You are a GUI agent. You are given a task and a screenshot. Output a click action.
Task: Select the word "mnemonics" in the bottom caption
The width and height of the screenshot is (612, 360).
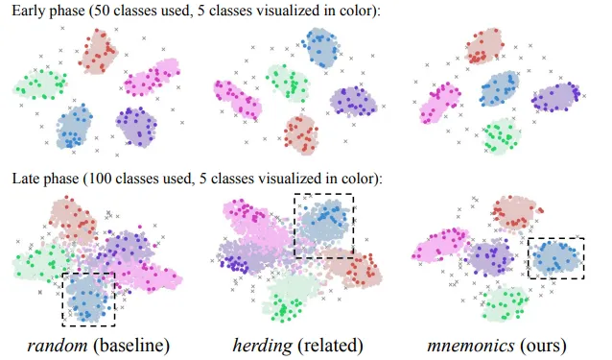click(x=468, y=343)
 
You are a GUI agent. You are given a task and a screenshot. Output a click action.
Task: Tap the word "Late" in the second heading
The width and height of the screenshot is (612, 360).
click(x=27, y=179)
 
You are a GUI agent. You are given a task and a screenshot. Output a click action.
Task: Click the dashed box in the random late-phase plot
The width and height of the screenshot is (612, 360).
click(x=87, y=299)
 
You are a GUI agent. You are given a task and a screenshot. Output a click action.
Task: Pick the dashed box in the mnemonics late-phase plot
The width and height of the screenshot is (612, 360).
click(x=557, y=258)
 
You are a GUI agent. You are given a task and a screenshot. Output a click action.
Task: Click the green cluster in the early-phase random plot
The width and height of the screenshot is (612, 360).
click(x=40, y=84)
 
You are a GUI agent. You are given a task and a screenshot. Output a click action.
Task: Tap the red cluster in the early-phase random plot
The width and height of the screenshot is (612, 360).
click(x=99, y=51)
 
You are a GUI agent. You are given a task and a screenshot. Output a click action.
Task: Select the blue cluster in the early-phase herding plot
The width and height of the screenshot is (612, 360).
click(x=323, y=47)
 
